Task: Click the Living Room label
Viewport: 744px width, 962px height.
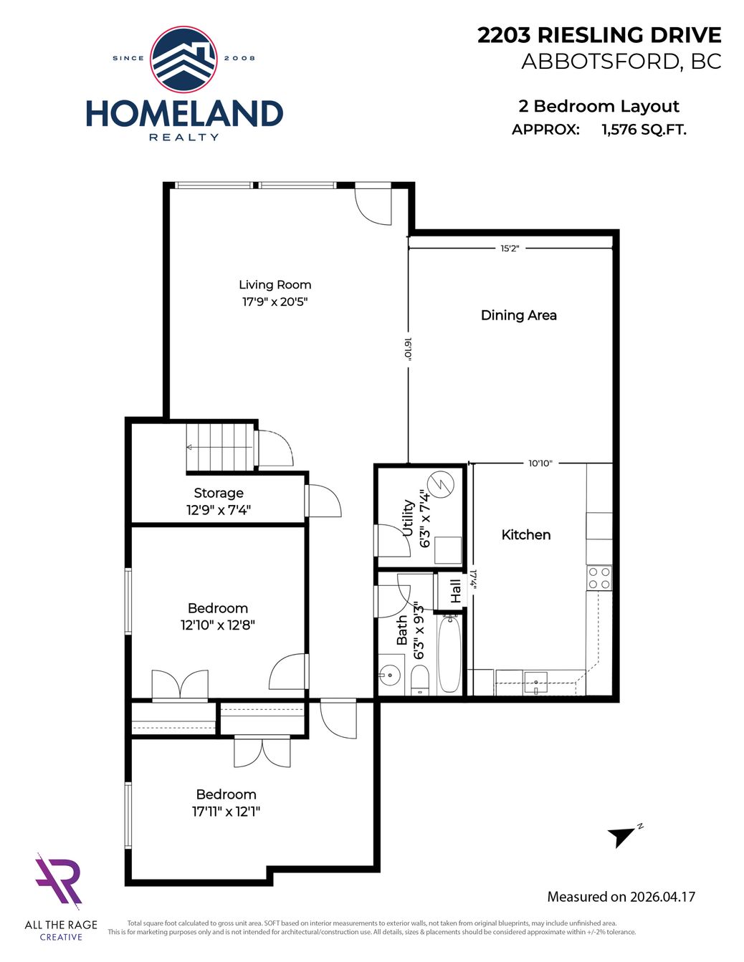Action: pos(275,284)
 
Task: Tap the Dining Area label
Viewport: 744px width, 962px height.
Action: pos(519,315)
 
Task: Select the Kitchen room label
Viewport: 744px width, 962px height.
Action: pos(526,535)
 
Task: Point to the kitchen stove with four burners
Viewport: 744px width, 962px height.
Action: pos(599,578)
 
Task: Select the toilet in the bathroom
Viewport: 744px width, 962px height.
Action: pos(420,681)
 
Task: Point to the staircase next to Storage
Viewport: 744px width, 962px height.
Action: pos(220,447)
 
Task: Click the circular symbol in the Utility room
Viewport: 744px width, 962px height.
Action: pos(442,484)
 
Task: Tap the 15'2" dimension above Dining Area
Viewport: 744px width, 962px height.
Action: pos(510,249)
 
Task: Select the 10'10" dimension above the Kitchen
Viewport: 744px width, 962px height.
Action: pos(540,463)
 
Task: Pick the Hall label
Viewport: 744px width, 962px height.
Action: pos(455,592)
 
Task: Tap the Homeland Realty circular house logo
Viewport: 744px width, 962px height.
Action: pos(183,59)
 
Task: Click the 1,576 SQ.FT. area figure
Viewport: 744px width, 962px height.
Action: pos(644,130)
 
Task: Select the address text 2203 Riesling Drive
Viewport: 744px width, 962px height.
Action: pos(600,35)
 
